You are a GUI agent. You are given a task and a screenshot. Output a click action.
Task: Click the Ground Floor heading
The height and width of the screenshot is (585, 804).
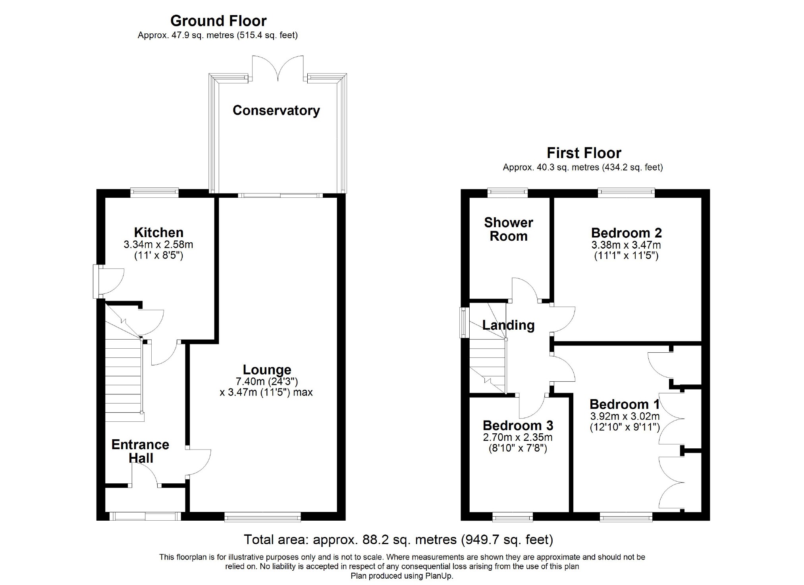click(x=218, y=21)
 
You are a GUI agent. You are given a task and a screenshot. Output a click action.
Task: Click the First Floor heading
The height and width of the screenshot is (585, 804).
click(x=584, y=153)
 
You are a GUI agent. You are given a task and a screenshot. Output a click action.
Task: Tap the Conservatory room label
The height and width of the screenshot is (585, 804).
click(x=276, y=110)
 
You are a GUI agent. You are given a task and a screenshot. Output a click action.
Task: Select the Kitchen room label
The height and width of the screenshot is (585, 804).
click(x=159, y=232)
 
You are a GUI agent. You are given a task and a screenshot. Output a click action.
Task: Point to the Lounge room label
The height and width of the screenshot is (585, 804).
click(x=267, y=370)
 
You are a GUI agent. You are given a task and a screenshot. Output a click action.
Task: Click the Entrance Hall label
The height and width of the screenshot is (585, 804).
click(x=141, y=451)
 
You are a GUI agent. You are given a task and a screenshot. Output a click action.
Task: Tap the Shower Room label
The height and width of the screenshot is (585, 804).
click(x=509, y=229)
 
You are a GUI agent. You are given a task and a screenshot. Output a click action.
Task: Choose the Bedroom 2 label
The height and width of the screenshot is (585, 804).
click(x=627, y=233)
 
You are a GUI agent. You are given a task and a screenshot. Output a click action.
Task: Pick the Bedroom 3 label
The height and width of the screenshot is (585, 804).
click(x=518, y=426)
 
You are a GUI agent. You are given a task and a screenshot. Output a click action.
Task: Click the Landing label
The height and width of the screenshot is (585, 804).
click(x=509, y=325)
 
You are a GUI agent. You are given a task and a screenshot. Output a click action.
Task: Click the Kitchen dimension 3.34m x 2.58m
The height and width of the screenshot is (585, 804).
click(x=158, y=244)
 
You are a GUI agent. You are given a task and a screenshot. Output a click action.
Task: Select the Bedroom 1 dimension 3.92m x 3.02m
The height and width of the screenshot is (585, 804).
click(x=625, y=417)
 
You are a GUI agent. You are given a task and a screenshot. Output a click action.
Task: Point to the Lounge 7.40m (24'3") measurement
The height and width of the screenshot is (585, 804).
click(x=267, y=382)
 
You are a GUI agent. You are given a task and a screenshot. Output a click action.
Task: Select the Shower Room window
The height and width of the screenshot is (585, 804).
click(x=508, y=193)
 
